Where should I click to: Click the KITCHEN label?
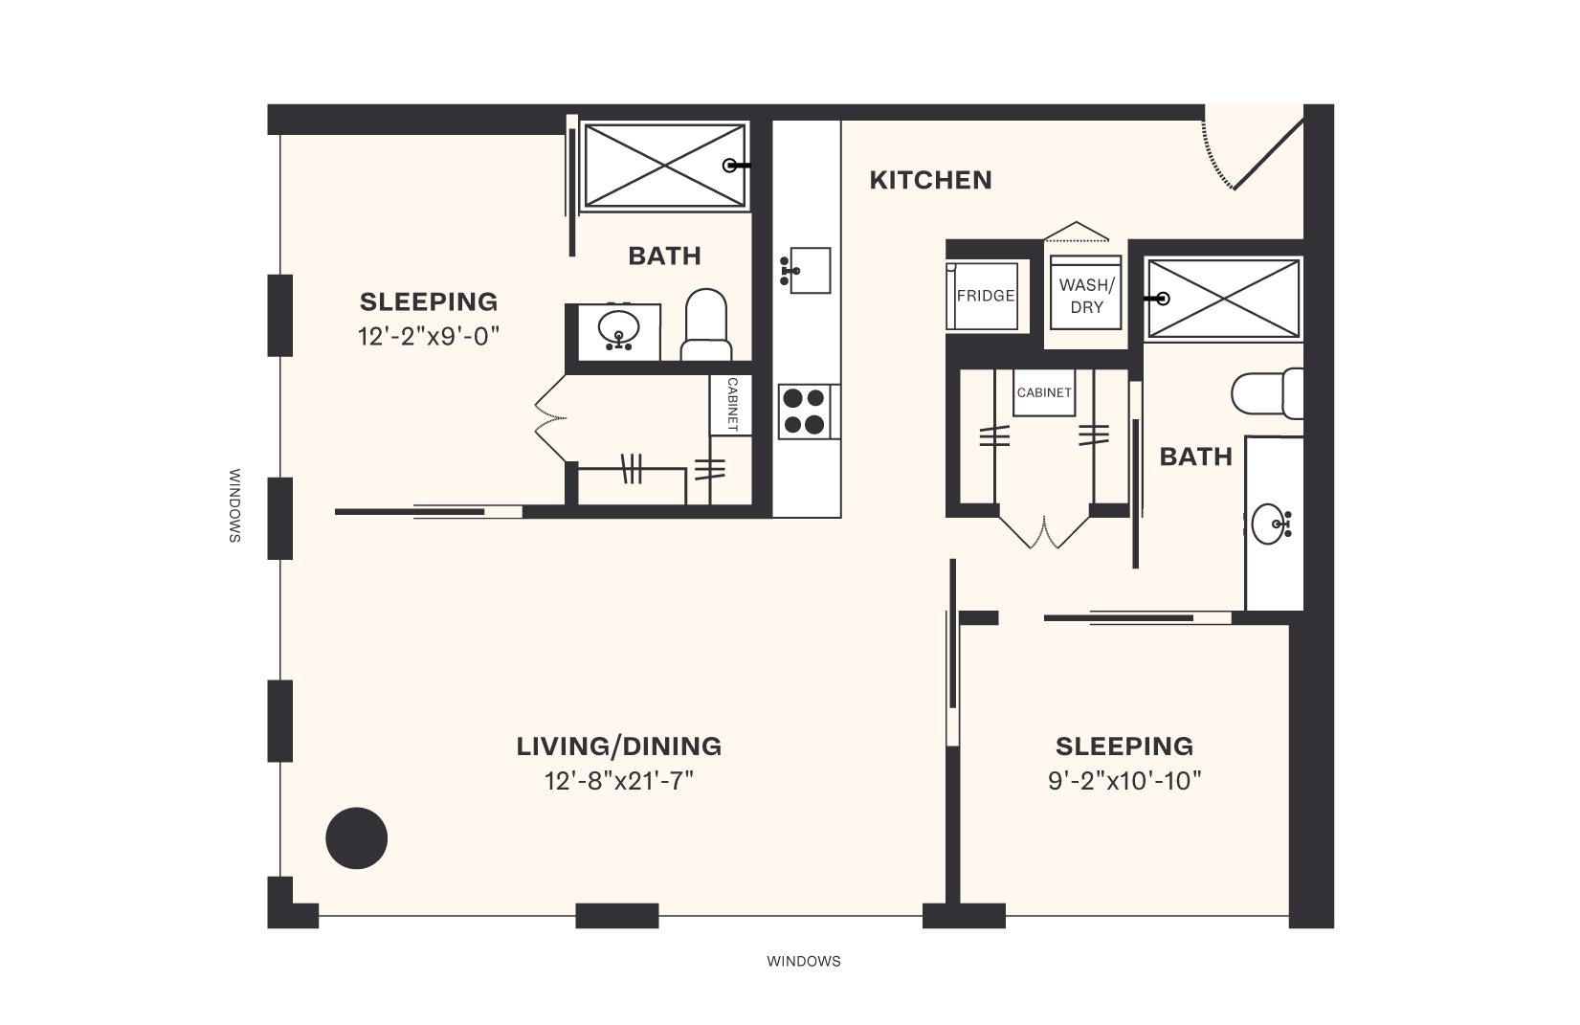[930, 180]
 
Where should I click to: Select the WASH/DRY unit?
[1085, 295]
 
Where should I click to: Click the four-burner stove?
[803, 412]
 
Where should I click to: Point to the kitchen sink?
[805, 271]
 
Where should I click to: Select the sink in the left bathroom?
[618, 331]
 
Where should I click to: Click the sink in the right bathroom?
[1272, 524]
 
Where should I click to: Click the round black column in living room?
[357, 838]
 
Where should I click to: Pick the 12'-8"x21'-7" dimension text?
[618, 781]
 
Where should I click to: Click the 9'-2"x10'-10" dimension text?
[1124, 781]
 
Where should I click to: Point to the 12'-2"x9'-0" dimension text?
[430, 336]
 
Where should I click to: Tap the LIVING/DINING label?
[618, 746]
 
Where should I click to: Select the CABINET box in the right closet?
[1044, 392]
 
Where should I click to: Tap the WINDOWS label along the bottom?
[803, 961]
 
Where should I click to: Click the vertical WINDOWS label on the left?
[234, 505]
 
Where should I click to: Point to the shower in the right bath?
[1223, 298]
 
